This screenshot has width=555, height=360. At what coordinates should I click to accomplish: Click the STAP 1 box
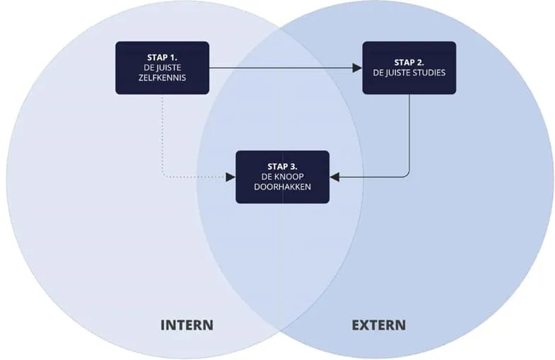point(162,68)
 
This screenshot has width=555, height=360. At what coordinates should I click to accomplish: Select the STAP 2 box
point(409,68)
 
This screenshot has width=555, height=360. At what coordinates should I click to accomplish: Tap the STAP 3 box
point(282,177)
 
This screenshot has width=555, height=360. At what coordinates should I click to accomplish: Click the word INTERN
point(187,325)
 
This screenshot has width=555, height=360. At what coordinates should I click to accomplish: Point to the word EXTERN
point(379,325)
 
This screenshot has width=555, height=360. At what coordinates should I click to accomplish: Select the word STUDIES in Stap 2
point(429,72)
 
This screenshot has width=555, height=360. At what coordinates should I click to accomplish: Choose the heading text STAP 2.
point(409,62)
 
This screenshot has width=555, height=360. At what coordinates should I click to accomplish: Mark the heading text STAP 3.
point(282,166)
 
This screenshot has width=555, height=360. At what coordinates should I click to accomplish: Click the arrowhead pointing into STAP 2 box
point(358,68)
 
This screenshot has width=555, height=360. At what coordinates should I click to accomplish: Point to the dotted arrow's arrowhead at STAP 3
point(230,177)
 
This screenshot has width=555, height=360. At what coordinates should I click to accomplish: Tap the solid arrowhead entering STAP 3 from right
point(335,177)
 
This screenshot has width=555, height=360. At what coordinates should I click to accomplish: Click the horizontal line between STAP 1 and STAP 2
point(283,68)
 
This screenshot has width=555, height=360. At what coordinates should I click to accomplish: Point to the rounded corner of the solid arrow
point(407,175)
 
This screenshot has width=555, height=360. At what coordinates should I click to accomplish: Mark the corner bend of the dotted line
point(164,175)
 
